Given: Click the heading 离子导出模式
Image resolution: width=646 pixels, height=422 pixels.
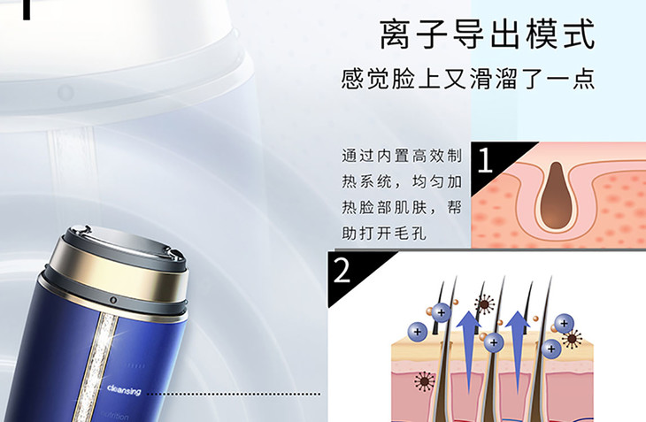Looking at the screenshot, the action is coord(487,34).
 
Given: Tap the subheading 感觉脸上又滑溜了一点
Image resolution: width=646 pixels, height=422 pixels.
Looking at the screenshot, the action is coord(468,78).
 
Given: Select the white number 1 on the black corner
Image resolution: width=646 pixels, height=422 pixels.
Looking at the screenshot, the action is coord(485,160).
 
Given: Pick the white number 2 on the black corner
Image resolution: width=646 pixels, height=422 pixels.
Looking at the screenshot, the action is coord(342,270).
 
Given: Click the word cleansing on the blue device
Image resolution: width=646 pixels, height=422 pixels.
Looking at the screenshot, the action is coord(124,389).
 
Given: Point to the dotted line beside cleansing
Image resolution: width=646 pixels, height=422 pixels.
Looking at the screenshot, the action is coord(234,394).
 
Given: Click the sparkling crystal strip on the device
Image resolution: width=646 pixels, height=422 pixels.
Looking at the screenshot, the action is coord(95,366).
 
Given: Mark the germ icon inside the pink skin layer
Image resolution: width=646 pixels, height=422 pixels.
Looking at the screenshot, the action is coord(425,380).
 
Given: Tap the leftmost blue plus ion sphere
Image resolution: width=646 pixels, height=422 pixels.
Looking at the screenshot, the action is coord(418,332).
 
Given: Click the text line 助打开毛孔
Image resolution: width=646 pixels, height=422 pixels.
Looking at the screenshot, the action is coord(384,234).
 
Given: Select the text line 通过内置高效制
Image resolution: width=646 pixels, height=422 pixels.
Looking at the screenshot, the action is coord(402,156).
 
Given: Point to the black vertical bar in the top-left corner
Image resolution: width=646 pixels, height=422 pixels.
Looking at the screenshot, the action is coord(27,10).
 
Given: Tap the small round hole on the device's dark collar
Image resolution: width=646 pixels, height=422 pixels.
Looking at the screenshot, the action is coord(113,300).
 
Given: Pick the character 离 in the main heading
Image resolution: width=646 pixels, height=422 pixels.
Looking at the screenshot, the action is coord(396,34).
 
